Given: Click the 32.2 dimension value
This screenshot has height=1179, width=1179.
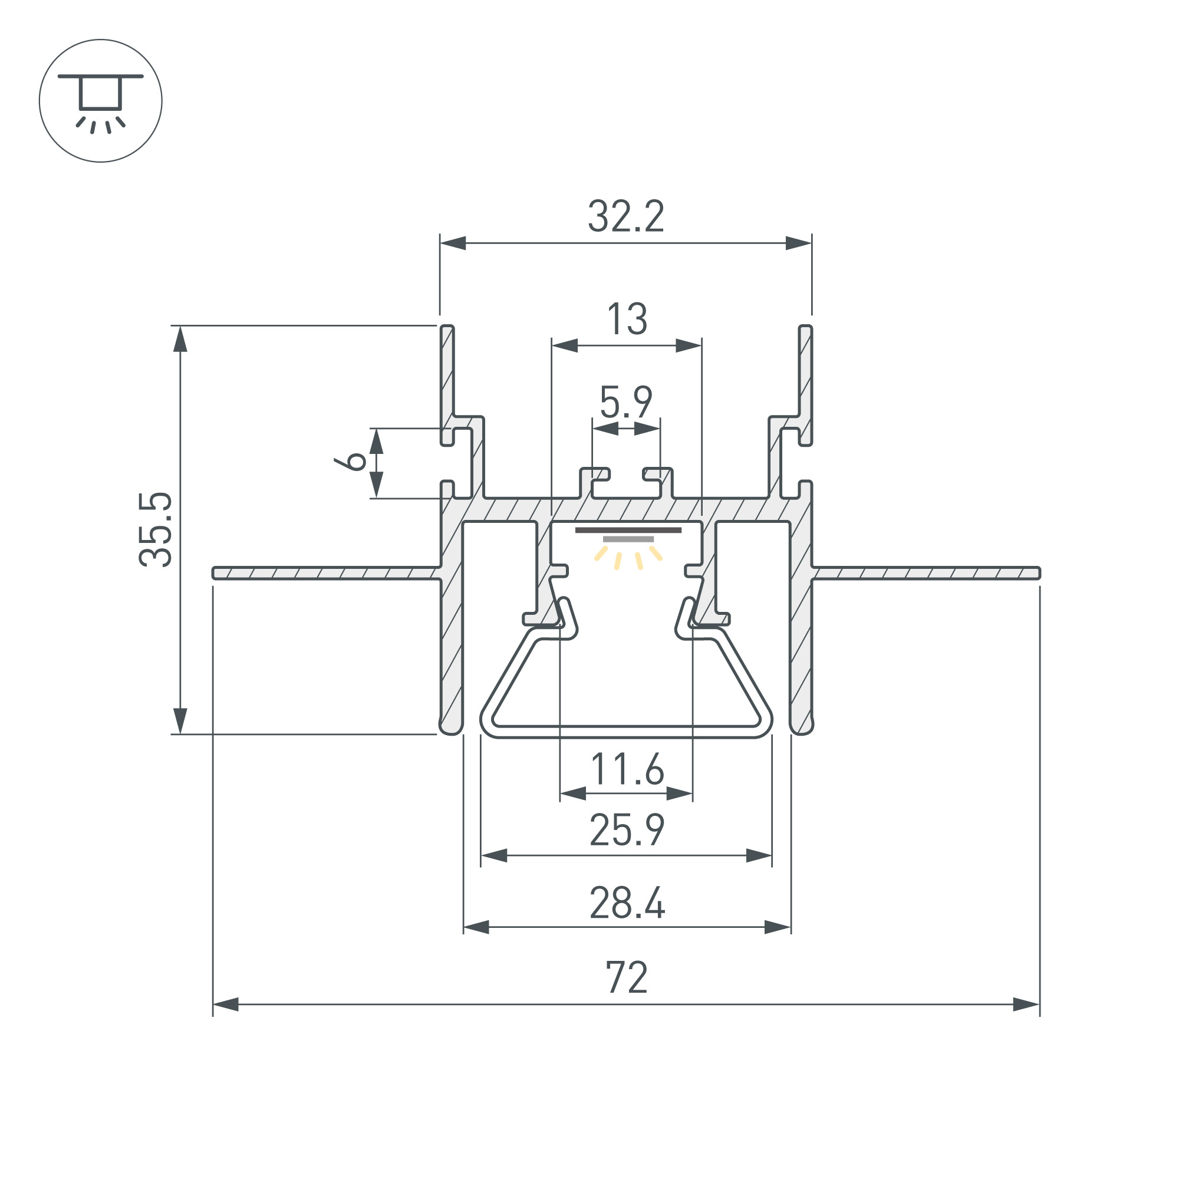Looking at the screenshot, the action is tap(626, 216).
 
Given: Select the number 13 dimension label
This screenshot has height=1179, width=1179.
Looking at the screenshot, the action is tap(627, 318).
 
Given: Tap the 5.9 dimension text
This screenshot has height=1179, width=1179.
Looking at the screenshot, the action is tap(626, 401).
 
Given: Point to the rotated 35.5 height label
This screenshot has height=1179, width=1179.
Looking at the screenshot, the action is tap(156, 530).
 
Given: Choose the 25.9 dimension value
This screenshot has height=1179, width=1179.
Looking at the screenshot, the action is tap(627, 830).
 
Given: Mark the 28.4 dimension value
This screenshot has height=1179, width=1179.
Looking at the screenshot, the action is tap(627, 903).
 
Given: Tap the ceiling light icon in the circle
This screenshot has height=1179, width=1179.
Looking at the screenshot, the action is tap(101, 101).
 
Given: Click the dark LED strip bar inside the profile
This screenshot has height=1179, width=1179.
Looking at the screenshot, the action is tap(628, 530).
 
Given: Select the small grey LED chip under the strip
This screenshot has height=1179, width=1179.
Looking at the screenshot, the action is tap(628, 539).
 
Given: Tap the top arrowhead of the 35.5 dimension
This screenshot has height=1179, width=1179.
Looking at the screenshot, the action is tap(180, 339).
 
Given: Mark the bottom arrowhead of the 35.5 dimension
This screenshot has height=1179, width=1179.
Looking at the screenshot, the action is tap(180, 722).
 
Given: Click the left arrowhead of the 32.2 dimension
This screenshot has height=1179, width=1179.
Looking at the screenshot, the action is tap(453, 243).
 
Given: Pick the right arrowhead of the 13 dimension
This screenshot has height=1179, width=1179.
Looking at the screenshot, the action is tap(689, 346).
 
